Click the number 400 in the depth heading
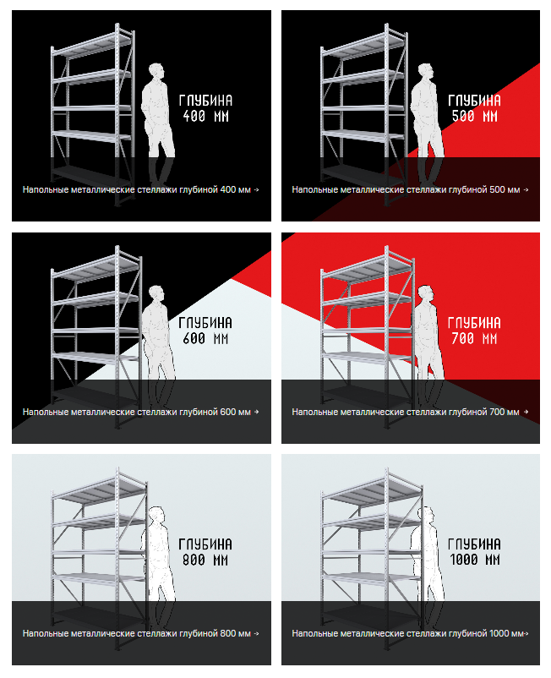194,117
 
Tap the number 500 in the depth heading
463,117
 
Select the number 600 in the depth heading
194,338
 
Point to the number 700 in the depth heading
462,338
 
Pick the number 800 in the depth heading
194,560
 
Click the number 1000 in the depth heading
464,560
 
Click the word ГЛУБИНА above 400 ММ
205,101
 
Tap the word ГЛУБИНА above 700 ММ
474,323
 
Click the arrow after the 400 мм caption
256,190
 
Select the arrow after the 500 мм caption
526,190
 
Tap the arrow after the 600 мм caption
256,412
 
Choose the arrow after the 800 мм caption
256,633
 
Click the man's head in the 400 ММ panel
156,72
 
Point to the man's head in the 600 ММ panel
156,294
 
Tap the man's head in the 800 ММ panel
157,516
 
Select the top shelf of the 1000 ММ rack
372,490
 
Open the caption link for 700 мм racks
406,412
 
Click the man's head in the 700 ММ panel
426,294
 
